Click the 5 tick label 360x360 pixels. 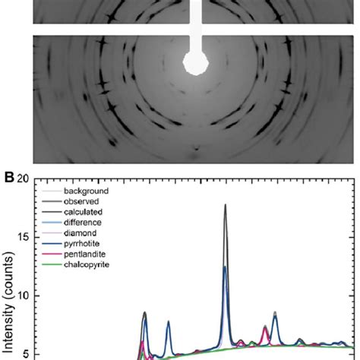[x=26, y=353]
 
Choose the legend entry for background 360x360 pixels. [x=86, y=191]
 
